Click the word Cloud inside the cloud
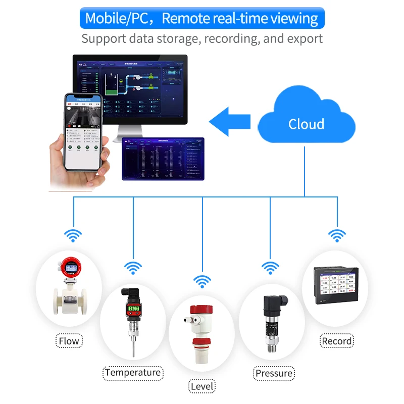point(306,124)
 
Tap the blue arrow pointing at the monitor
point(230,121)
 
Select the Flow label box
point(69,341)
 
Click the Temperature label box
point(133,373)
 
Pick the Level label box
point(202,387)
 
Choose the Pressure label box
point(274,373)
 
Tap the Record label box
point(337,341)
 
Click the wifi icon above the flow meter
point(74,235)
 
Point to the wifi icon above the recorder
point(337,235)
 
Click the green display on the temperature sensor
point(133,308)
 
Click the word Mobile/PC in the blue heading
point(116,18)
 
